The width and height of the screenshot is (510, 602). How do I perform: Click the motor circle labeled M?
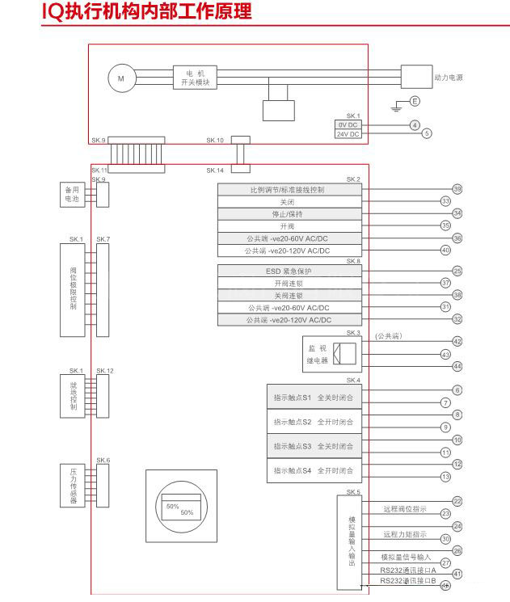tap(122, 78)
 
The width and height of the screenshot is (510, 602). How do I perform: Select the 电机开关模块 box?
tap(195, 78)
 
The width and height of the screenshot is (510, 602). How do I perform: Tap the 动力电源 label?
tap(449, 78)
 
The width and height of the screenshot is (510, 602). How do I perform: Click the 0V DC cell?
tap(348, 125)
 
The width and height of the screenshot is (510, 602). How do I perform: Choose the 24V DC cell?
tap(348, 134)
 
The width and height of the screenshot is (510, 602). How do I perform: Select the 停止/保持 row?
tap(289, 214)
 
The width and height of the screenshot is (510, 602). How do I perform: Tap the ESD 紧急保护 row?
tap(289, 272)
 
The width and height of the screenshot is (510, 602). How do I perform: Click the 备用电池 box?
tap(73, 194)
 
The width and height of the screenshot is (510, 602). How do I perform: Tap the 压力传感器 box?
tap(73, 485)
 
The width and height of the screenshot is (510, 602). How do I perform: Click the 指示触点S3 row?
tap(314, 446)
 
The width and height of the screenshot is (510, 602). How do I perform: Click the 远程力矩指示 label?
tap(405, 534)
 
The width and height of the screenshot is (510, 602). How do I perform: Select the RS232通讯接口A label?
tap(408, 570)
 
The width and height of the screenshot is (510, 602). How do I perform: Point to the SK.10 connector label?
tap(215, 141)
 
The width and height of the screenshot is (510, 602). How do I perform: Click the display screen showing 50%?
tap(180, 509)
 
